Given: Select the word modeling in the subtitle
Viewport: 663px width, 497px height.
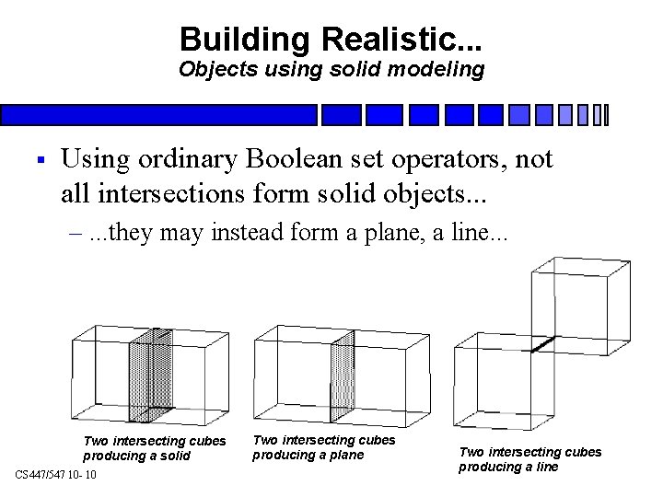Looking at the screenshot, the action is click(x=437, y=70).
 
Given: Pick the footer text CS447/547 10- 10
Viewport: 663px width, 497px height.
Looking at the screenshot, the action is click(x=62, y=474).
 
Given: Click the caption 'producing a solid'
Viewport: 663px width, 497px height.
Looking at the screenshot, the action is click(x=137, y=457).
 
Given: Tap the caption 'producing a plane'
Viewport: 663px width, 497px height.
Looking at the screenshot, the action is click(x=308, y=455).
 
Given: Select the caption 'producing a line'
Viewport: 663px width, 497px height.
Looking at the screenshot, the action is click(x=508, y=467).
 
